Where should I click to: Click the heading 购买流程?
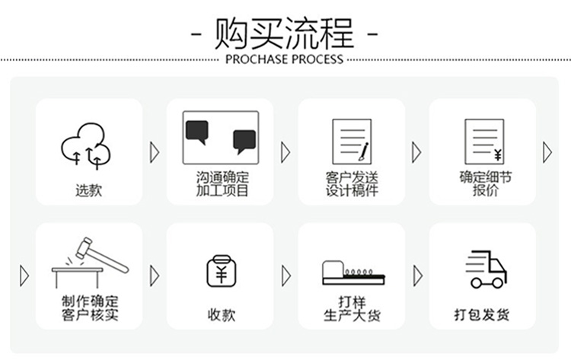(x=284, y=33)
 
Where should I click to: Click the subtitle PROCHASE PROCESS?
(x=285, y=59)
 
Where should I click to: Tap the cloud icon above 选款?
(x=86, y=145)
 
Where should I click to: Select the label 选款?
(x=88, y=190)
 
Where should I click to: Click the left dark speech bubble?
(x=197, y=132)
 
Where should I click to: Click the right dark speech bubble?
(x=244, y=142)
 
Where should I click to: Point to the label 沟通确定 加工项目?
(x=222, y=184)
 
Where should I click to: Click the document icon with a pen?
(x=352, y=142)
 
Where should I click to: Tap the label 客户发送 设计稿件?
(x=352, y=184)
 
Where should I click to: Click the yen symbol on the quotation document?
(x=498, y=155)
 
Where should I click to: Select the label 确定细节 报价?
(x=486, y=184)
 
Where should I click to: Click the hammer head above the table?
(x=84, y=248)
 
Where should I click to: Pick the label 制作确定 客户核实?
(x=90, y=308)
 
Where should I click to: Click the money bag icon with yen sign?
(x=222, y=271)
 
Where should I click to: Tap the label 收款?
(x=222, y=315)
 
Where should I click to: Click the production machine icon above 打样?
(x=353, y=272)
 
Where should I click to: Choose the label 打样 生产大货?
(x=352, y=309)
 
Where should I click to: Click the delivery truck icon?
(x=486, y=269)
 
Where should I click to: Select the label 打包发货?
(x=482, y=315)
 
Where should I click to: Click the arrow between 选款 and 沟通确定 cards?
(x=155, y=152)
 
